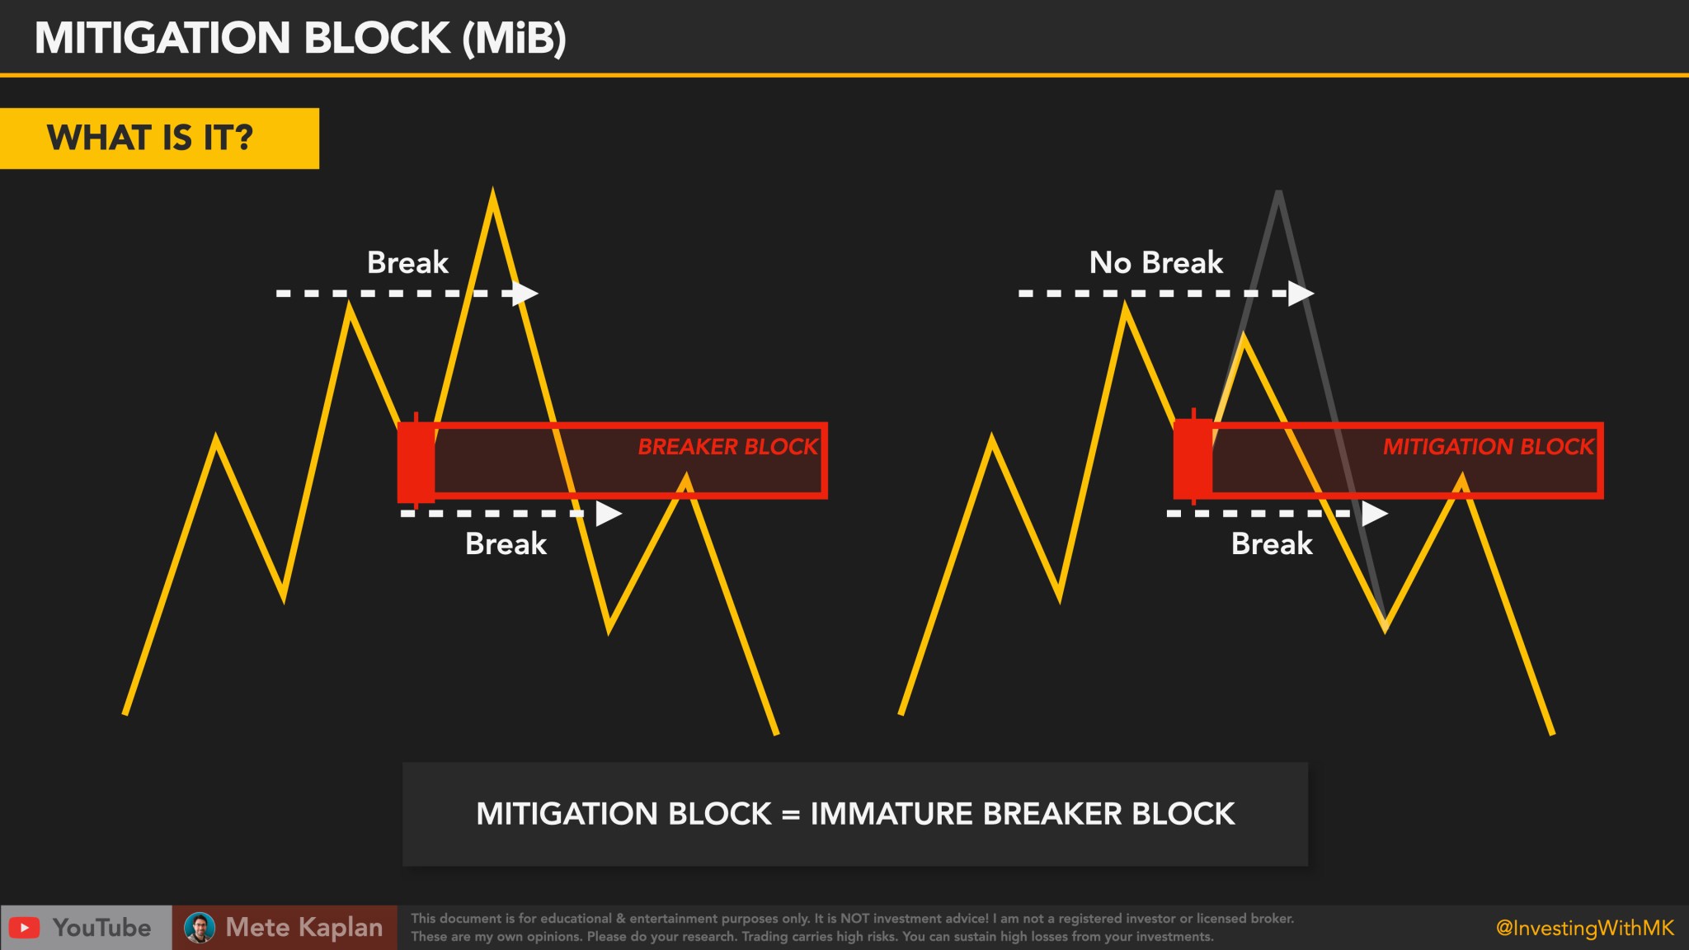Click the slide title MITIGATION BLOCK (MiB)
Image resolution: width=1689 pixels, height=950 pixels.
coord(300,38)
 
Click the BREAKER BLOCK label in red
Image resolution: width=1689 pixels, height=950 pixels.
coord(727,447)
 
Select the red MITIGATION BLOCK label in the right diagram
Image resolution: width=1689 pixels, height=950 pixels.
coord(1488,447)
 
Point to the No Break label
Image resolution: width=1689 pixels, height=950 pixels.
coord(1155,263)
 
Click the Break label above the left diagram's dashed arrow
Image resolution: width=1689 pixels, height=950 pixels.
coord(407,263)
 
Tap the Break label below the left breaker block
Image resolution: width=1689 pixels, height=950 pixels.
coord(506,544)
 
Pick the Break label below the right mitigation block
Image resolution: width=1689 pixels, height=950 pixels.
coord(1272,544)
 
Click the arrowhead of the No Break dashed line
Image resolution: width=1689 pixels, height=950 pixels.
coord(1301,293)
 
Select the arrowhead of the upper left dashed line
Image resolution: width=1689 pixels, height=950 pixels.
coord(525,293)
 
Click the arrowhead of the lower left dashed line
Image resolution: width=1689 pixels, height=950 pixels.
coord(608,514)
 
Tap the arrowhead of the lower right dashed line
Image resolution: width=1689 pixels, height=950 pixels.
coord(1374,514)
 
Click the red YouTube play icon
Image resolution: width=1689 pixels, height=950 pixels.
coord(25,928)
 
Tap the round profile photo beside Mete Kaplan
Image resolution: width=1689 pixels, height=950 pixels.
coord(200,928)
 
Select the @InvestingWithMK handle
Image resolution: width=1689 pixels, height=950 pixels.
coord(1584,929)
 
